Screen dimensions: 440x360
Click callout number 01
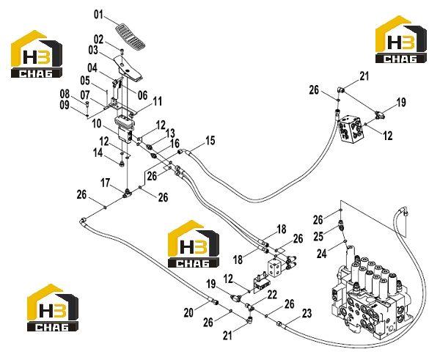click(x=98, y=15)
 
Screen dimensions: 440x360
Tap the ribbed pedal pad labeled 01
click(x=131, y=36)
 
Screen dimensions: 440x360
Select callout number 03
click(x=93, y=51)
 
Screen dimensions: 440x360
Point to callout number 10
click(x=97, y=123)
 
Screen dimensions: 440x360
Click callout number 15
click(x=210, y=140)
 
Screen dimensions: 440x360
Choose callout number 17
click(x=106, y=183)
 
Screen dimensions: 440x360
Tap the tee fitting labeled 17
click(x=127, y=194)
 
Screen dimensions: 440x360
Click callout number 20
click(x=188, y=312)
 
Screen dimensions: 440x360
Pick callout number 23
click(x=307, y=313)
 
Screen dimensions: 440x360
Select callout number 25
click(x=318, y=237)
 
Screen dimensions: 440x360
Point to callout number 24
click(x=322, y=254)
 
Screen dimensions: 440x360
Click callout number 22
click(x=272, y=295)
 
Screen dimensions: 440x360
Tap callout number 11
click(x=158, y=101)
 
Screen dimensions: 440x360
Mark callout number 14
click(x=98, y=153)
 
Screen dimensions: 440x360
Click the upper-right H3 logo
click(x=401, y=40)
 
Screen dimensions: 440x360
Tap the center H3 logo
click(x=194, y=243)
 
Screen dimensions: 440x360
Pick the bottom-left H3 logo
click(x=53, y=307)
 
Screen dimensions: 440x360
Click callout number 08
click(x=65, y=94)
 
